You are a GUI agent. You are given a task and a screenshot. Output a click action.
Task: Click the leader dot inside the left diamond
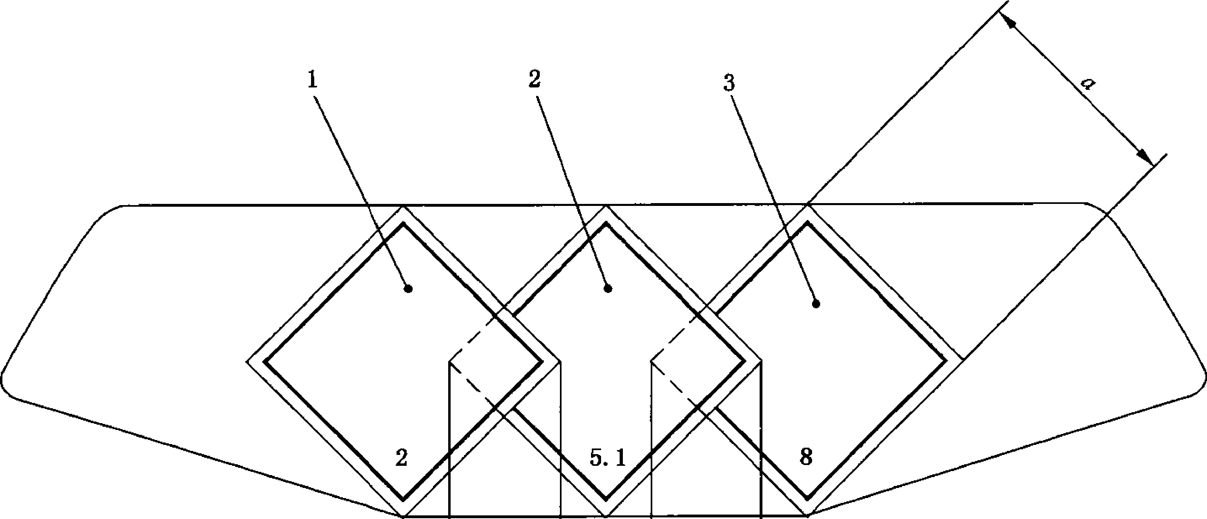coord(409,289)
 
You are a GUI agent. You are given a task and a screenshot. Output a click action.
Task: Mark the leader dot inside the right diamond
coord(816,304)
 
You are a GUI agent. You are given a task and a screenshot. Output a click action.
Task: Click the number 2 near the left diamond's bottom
coord(401,458)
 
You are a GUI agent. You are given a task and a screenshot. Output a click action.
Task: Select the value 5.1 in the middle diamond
coord(607,459)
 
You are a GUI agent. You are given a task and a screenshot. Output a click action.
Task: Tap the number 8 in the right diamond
coord(806,457)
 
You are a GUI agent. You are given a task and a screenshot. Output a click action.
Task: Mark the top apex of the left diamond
coord(403,206)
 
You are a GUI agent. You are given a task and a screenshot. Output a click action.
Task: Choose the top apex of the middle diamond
coord(606,206)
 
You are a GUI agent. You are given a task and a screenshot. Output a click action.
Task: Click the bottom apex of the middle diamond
coord(606,515)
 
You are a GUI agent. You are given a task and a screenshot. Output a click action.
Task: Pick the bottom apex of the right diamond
coord(808,515)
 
